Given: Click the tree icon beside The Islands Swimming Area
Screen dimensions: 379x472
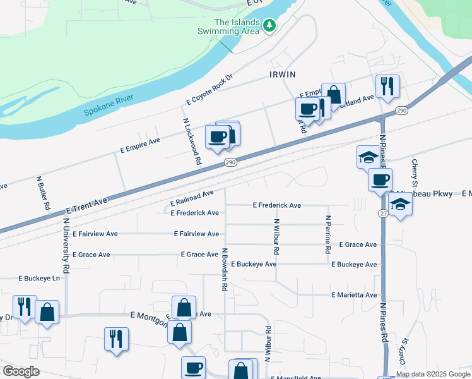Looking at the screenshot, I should (x=270, y=25).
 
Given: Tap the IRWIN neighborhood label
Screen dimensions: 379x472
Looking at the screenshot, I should (x=282, y=74).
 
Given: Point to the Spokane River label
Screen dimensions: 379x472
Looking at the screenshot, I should (x=110, y=107).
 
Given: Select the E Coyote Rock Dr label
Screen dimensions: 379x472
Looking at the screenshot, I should (x=210, y=90).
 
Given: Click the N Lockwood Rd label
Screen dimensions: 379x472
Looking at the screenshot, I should (x=191, y=141).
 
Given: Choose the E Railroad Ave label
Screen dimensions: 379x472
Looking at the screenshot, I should (x=192, y=198).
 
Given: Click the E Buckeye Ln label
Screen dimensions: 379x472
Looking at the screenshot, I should (x=39, y=277).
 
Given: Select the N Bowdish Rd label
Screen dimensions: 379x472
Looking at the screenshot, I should (x=224, y=268).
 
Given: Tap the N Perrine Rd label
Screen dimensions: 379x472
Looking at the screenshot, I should (x=328, y=234).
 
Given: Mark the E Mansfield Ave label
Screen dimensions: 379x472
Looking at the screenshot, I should (x=297, y=378).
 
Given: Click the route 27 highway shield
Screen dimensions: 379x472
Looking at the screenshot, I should (x=383, y=214).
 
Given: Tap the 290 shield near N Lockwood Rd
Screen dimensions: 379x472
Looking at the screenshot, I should (x=231, y=162).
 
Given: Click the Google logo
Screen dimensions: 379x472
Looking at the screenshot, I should (x=21, y=371).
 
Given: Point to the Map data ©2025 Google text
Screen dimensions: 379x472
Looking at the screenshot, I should (x=434, y=373).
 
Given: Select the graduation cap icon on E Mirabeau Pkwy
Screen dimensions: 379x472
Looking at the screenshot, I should (x=400, y=204).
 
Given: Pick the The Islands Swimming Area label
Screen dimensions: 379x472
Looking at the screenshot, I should (x=237, y=26).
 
